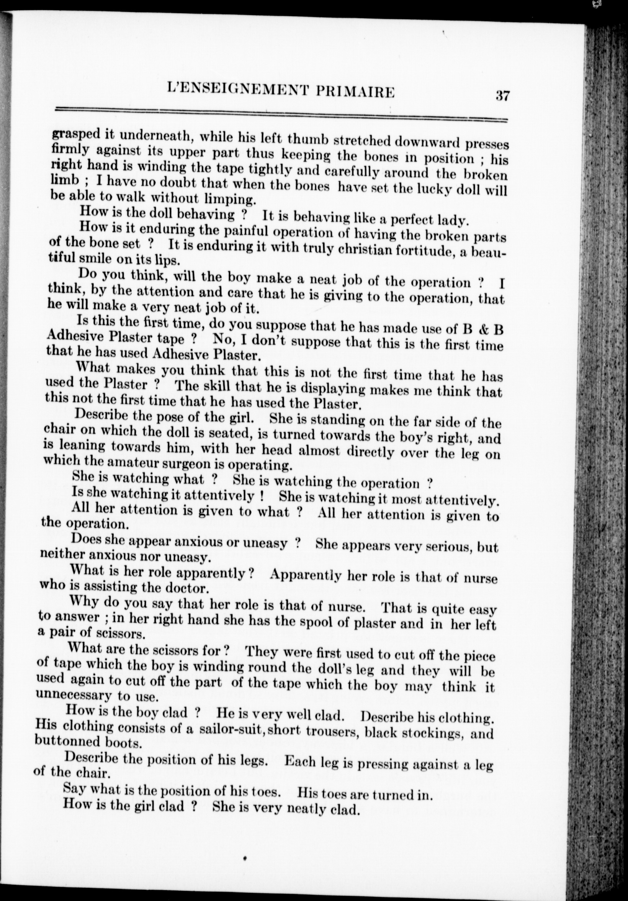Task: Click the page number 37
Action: point(502,96)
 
